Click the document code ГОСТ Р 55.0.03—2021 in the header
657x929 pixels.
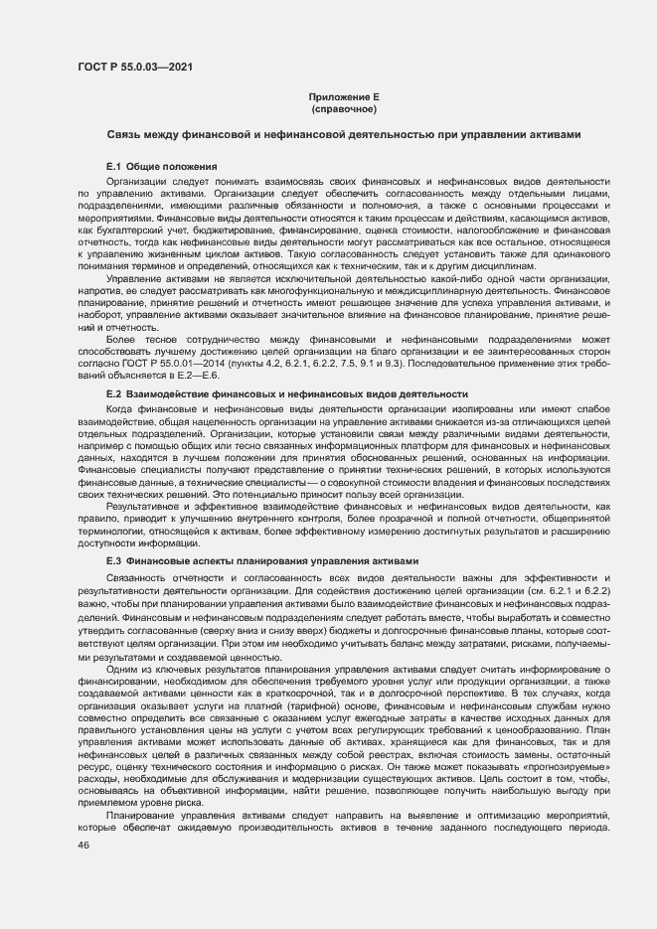(x=135, y=67)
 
